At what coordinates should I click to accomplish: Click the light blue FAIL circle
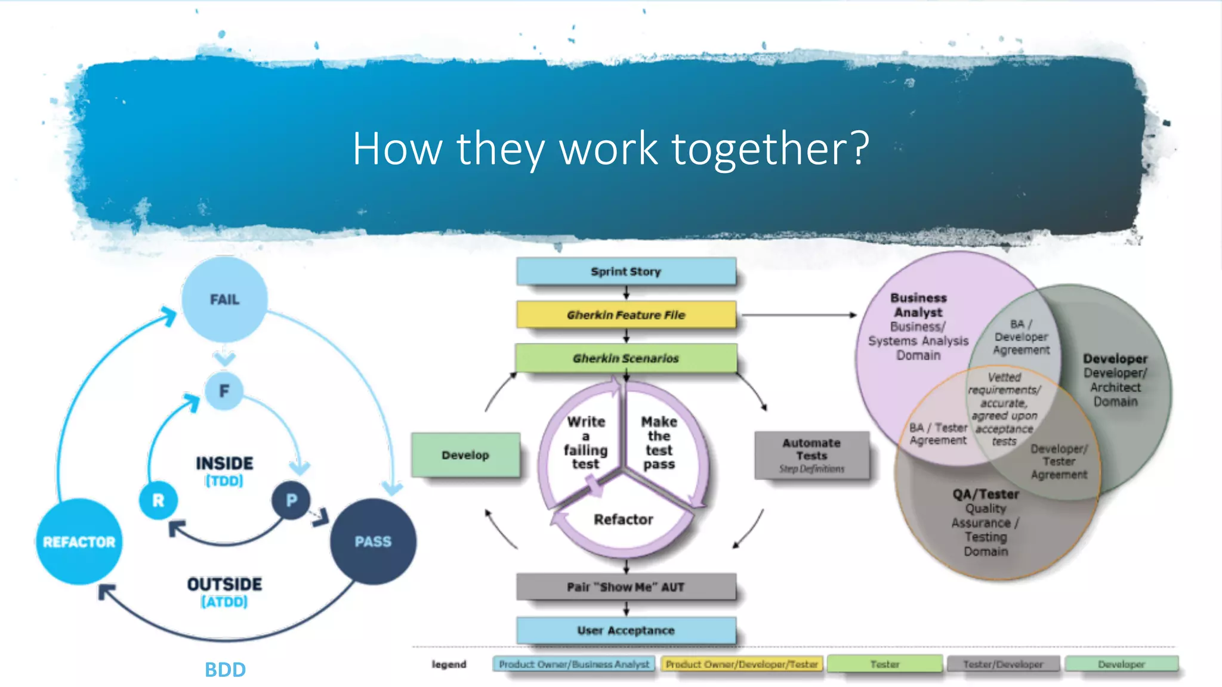pyautogui.click(x=224, y=299)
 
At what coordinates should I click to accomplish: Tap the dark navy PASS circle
pyautogui.click(x=373, y=541)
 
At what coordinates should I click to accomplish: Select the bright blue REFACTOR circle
pyautogui.click(x=79, y=541)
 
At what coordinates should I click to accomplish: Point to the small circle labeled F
pyautogui.click(x=224, y=391)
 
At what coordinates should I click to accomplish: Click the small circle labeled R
pyautogui.click(x=158, y=500)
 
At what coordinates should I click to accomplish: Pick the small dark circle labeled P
pyautogui.click(x=291, y=500)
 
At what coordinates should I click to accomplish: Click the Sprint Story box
pyautogui.click(x=626, y=271)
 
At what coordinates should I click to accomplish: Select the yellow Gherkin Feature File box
pyautogui.click(x=626, y=315)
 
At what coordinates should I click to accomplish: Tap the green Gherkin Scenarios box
pyautogui.click(x=626, y=358)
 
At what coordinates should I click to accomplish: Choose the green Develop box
pyautogui.click(x=465, y=455)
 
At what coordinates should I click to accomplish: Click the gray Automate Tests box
pyautogui.click(x=811, y=455)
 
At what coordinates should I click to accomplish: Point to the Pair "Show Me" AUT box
pyautogui.click(x=626, y=587)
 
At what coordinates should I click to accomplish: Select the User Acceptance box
pyautogui.click(x=626, y=630)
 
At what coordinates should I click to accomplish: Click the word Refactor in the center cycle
pyautogui.click(x=624, y=519)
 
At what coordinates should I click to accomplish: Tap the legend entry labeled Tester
pyautogui.click(x=884, y=664)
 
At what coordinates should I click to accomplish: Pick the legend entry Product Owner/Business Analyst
pyautogui.click(x=574, y=664)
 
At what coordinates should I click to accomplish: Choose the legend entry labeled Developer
pyautogui.click(x=1121, y=664)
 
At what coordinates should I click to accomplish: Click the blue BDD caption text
pyautogui.click(x=225, y=670)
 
